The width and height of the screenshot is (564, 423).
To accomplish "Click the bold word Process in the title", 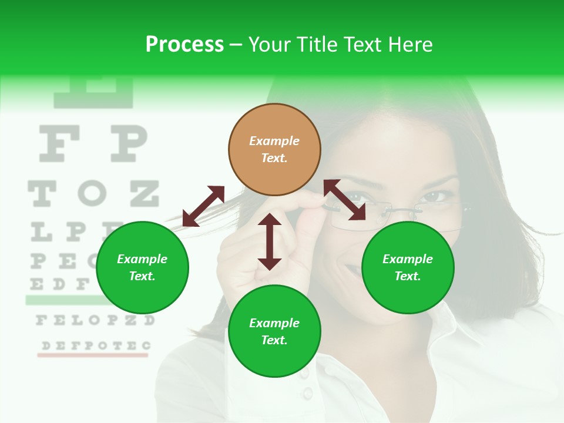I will coord(184,45).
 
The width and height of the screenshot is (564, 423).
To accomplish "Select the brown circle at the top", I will coord(274,150).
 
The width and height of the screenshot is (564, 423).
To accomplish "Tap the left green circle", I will coord(142,267).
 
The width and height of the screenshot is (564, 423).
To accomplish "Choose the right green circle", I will coord(408,267).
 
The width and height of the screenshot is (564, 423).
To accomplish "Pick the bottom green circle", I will coord(274,331).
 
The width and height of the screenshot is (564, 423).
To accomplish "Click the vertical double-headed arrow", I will coord(270,241).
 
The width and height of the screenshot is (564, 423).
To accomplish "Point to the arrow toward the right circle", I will coord(344,200).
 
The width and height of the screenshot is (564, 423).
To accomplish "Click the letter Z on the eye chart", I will coord(144,193).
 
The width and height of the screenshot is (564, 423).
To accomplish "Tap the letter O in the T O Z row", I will coord(92,193).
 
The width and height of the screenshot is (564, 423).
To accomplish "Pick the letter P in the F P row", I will coord(128,145).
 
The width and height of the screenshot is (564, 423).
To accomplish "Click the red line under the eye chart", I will coord(93,355).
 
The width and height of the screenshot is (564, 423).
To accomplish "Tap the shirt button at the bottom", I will coord(306,392).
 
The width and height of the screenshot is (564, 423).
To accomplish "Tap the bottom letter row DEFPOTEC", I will coord(94,345).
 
